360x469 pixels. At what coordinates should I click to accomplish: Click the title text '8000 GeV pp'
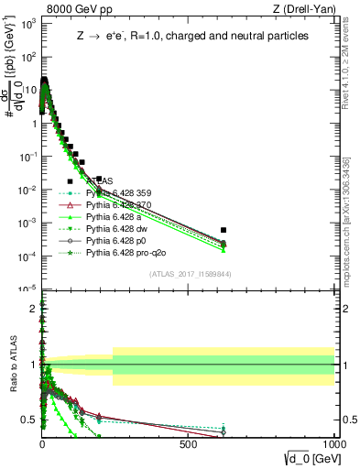(x=74, y=8)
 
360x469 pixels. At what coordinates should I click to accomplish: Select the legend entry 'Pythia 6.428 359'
(x=123, y=193)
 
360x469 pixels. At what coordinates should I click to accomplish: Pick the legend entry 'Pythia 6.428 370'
(x=123, y=207)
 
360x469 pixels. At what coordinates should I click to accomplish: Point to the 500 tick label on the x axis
(x=189, y=444)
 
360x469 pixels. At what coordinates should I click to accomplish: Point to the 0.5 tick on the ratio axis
(x=30, y=420)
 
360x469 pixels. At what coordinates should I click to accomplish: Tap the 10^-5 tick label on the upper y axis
(x=27, y=289)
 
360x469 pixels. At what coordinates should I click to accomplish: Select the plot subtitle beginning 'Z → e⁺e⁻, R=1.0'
(x=191, y=36)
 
